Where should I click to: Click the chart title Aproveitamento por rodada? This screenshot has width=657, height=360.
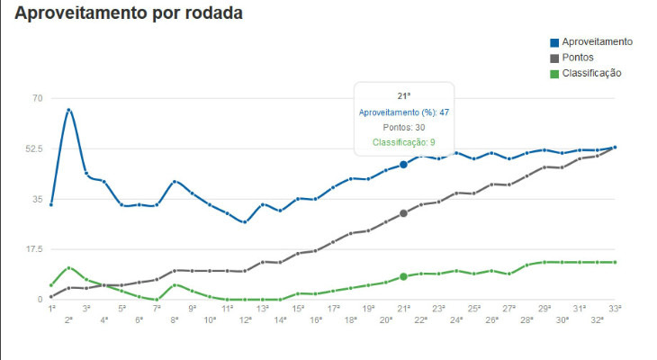click(x=130, y=14)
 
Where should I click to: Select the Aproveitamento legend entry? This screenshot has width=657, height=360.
click(x=597, y=42)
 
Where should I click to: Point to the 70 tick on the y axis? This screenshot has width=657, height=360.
click(x=37, y=98)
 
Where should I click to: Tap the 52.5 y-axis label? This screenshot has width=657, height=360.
click(x=32, y=148)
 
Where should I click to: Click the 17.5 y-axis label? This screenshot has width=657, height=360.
click(x=32, y=249)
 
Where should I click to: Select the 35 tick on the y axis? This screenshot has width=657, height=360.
click(x=37, y=199)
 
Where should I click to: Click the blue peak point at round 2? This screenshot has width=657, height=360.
click(x=68, y=110)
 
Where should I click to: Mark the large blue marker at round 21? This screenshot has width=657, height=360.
click(x=403, y=165)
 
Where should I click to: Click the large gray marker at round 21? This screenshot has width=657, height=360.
click(x=403, y=213)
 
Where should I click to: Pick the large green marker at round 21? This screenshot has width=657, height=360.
click(x=403, y=276)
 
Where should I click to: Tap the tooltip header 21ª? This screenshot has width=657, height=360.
click(x=403, y=95)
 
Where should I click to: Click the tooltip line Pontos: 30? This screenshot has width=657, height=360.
click(x=403, y=127)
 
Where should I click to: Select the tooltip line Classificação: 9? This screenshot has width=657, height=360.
click(x=403, y=142)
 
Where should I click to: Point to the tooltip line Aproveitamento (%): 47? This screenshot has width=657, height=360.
click(x=403, y=112)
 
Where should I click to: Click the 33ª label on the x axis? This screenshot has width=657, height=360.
click(x=615, y=309)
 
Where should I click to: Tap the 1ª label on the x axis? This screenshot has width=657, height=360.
click(x=51, y=309)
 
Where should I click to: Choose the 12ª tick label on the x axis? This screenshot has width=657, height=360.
click(x=245, y=319)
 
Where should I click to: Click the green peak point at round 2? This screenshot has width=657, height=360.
click(x=68, y=268)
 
